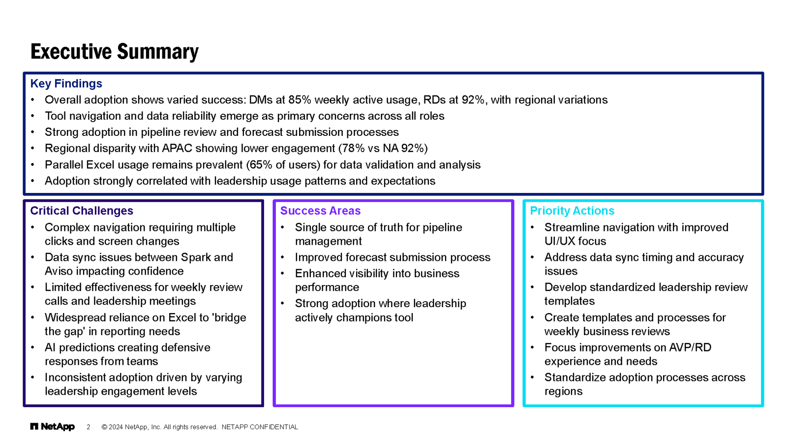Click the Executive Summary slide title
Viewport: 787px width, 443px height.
[x=114, y=52]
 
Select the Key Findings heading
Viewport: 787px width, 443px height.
[x=66, y=84]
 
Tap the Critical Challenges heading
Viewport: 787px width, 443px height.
[x=82, y=211]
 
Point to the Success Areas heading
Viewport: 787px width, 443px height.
[x=320, y=211]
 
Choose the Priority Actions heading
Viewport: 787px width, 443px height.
[x=572, y=211]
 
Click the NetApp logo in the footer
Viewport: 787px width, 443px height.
[x=53, y=427]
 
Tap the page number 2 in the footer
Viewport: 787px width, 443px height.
[x=89, y=427]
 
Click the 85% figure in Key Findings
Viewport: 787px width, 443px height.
[x=300, y=100]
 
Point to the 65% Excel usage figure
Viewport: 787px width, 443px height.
[x=260, y=165]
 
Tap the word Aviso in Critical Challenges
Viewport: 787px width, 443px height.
[x=59, y=271]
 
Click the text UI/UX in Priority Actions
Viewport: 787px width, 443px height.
[x=561, y=241]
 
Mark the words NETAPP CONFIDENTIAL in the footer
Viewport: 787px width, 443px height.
[x=260, y=427]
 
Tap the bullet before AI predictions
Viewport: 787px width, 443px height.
[x=32, y=348]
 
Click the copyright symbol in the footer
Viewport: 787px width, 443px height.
[x=104, y=427]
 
